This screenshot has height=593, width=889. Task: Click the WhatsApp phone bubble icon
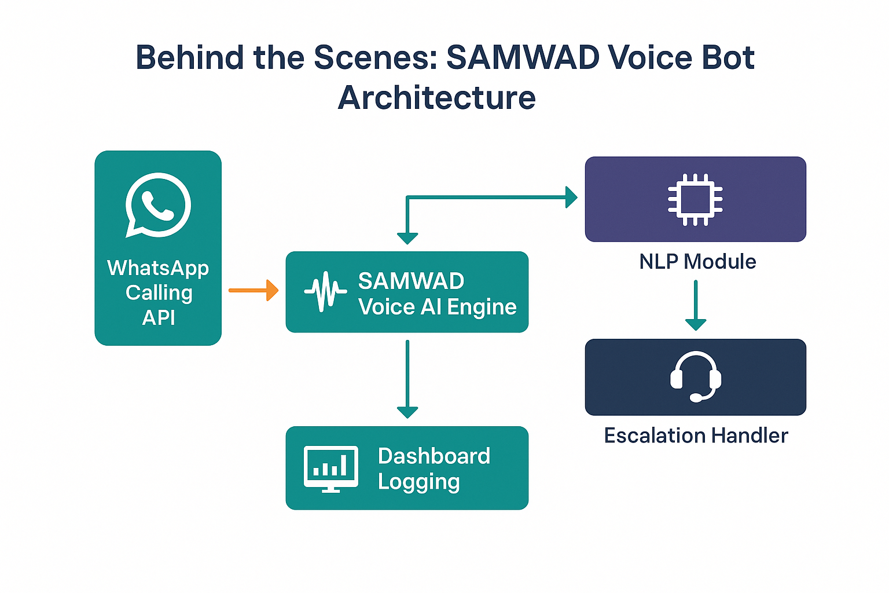[158, 205]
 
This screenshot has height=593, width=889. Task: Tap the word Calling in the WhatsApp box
[159, 294]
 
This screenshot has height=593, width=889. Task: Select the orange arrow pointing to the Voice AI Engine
[254, 290]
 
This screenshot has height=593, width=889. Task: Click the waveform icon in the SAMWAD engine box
[325, 291]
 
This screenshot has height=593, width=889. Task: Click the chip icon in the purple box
[695, 199]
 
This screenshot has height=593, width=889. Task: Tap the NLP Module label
[697, 262]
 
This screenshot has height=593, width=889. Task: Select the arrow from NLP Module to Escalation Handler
[696, 305]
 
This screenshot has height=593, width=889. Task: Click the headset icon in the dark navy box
[696, 376]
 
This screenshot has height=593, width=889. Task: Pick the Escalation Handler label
[696, 435]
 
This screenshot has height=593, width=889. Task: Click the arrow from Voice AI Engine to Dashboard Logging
[407, 379]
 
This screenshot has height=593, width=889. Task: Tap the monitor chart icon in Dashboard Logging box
[331, 469]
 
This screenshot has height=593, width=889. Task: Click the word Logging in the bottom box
[418, 482]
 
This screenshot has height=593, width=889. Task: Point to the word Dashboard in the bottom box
[434, 456]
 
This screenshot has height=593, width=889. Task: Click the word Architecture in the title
[436, 98]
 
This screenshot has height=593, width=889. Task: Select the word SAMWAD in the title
[523, 57]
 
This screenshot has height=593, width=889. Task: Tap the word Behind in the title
[189, 57]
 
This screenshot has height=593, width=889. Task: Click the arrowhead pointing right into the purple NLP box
[571, 197]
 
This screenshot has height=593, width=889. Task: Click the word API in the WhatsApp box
[159, 318]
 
